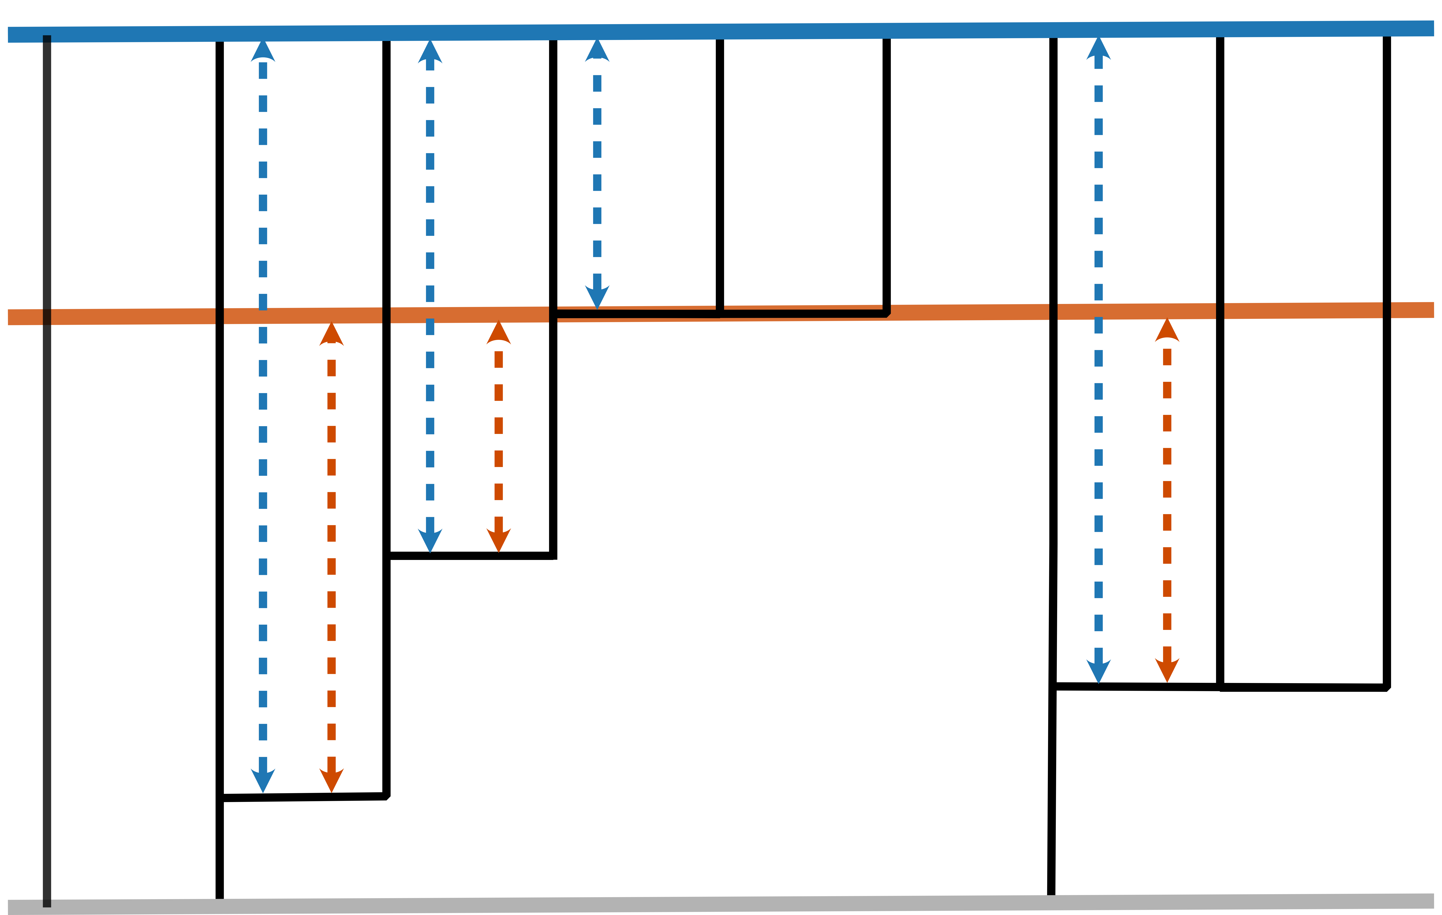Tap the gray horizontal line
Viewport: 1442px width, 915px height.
tap(719, 904)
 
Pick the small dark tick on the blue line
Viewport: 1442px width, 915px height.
tap(47, 39)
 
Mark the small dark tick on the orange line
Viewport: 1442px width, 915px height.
tap(47, 317)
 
